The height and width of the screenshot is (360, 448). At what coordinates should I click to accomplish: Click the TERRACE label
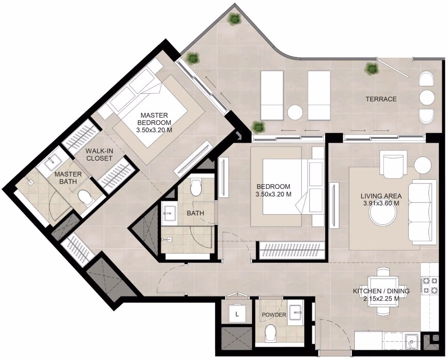click(x=381, y=99)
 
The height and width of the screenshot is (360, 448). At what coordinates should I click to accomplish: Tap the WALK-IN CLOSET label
click(x=99, y=154)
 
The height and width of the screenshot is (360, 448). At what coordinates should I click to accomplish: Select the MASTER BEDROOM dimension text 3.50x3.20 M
click(x=154, y=130)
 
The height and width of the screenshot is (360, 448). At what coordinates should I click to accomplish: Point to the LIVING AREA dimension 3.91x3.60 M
click(x=381, y=203)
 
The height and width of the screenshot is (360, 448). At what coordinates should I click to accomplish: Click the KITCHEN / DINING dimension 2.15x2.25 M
click(x=381, y=299)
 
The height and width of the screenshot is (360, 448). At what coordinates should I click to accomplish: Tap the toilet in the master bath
click(x=85, y=197)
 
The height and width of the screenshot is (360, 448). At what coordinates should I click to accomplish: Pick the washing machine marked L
click(x=237, y=314)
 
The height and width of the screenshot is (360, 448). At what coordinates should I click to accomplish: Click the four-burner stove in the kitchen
click(x=430, y=285)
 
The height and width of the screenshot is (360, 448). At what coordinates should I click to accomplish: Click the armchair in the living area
click(x=393, y=164)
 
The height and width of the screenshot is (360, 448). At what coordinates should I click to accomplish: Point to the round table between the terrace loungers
click(x=295, y=112)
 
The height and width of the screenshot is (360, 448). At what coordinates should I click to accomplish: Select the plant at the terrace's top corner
click(x=234, y=19)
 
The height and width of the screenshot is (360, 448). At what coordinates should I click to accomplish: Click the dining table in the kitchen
click(x=383, y=291)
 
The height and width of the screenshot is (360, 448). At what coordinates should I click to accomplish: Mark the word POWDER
click(x=274, y=314)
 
